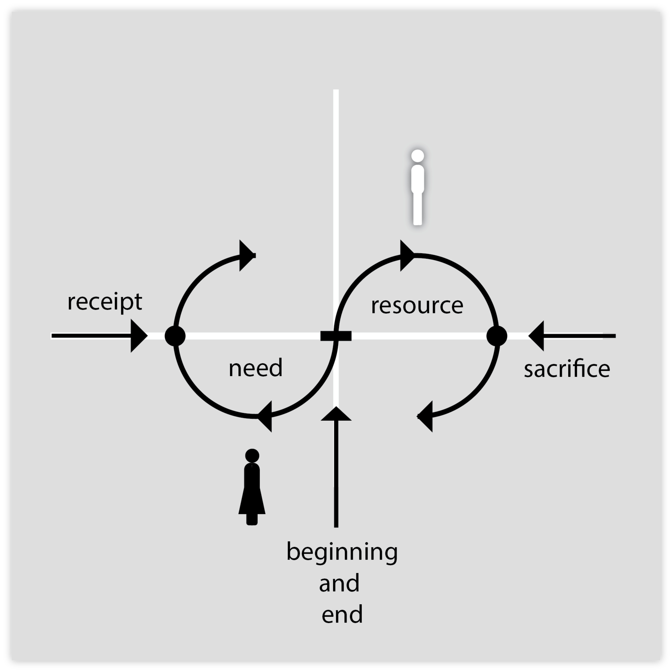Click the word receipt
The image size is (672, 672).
105,302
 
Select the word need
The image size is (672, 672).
256,368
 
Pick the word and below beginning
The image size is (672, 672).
339,583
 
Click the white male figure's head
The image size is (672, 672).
417,156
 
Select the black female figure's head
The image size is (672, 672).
252,456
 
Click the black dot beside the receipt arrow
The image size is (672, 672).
175,336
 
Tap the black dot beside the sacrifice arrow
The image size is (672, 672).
497,336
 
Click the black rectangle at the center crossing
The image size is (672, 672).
336,336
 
